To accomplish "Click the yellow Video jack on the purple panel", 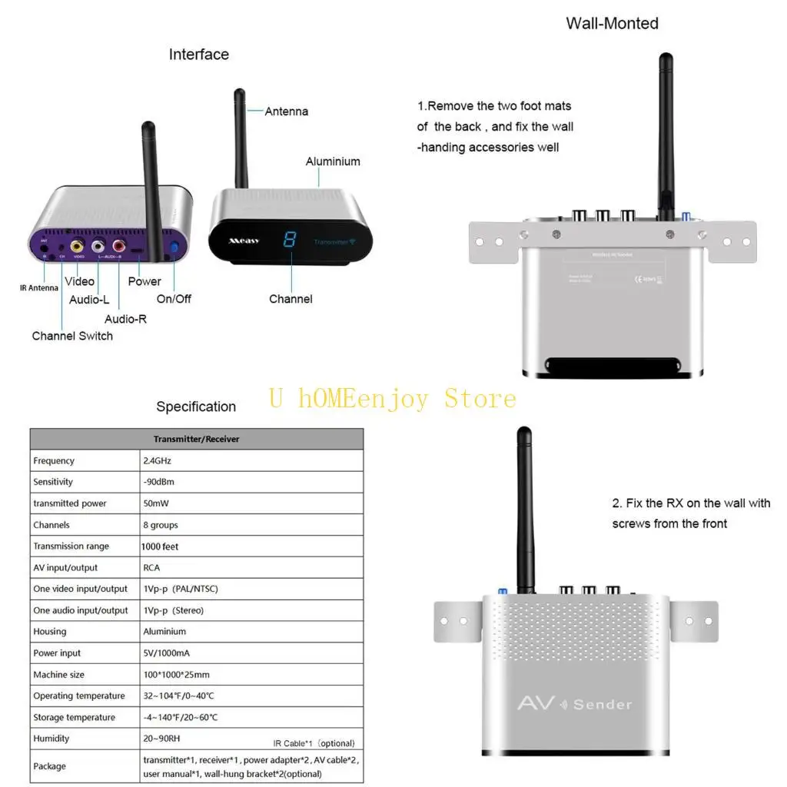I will click(77, 247).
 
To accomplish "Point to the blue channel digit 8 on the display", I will click(290, 240).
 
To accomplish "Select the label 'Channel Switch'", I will click(72, 336).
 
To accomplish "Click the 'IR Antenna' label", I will click(38, 288).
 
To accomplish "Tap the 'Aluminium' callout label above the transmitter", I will click(333, 161).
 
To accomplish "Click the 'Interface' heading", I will click(199, 55).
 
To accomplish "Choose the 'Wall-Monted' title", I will click(612, 23).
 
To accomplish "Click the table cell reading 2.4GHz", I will click(159, 461).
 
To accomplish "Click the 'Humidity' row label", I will click(51, 739).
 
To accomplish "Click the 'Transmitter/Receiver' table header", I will click(196, 439).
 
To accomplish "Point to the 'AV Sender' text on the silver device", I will click(574, 703).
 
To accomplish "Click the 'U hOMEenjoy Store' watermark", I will click(392, 399).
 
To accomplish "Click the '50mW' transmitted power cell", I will click(157, 503).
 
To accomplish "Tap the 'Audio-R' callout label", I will click(125, 318).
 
